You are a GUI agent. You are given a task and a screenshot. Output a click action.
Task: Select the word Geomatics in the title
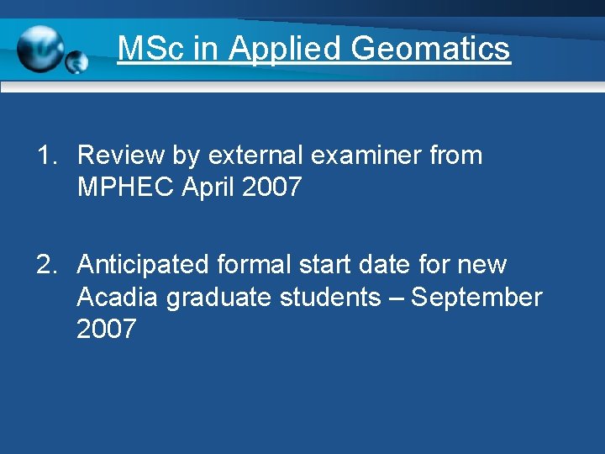pos(430,49)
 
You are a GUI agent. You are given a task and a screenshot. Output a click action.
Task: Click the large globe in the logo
pos(40,49)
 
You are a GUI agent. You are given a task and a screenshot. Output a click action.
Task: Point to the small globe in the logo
pos(76,61)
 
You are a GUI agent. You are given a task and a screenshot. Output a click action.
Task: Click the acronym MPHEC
pos(124,187)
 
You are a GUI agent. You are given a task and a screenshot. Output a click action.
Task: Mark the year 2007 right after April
pos(271,187)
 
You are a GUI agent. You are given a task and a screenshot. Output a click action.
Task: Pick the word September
pos(476,298)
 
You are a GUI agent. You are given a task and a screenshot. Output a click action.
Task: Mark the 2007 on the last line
pos(106,329)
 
